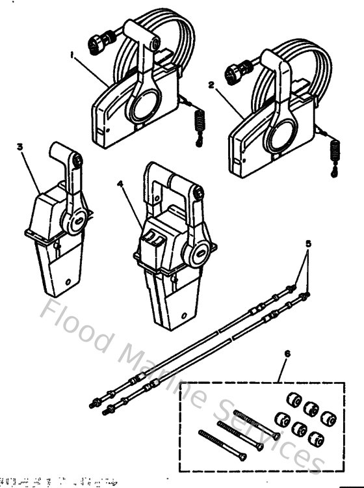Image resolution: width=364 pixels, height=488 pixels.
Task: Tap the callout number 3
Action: pyautogui.click(x=20, y=147)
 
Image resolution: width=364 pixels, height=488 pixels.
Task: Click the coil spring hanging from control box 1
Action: pyautogui.click(x=200, y=121)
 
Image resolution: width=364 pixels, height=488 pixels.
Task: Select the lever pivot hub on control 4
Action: pyautogui.click(x=198, y=252)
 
